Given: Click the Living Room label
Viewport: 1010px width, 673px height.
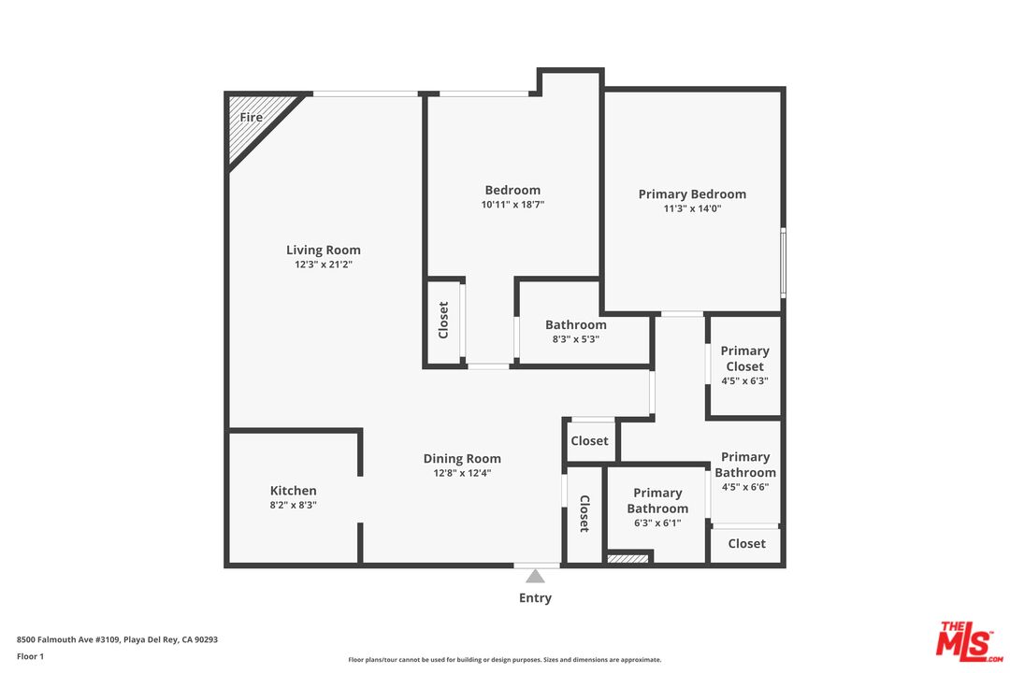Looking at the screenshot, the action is [x=324, y=250].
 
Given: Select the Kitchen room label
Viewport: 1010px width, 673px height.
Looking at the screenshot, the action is [x=293, y=491].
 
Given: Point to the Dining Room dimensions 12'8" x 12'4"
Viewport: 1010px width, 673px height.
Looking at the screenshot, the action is [x=462, y=473].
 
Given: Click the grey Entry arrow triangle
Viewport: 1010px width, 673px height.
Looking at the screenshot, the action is [x=535, y=576].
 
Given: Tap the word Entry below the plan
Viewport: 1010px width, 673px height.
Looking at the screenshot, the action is [x=535, y=597].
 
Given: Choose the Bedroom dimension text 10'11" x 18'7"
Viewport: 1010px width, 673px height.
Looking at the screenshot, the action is [x=512, y=205].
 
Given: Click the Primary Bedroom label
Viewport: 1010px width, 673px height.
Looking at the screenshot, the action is [x=692, y=193].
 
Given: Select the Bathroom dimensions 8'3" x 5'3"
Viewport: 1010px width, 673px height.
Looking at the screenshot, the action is [x=576, y=339].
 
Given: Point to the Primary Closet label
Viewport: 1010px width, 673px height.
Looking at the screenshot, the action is [x=745, y=359].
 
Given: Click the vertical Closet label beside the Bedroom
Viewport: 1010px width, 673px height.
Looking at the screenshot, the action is [x=443, y=320].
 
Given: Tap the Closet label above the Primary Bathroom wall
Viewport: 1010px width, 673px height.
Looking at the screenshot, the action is [x=589, y=440].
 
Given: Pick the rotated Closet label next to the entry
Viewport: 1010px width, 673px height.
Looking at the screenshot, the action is [x=584, y=513].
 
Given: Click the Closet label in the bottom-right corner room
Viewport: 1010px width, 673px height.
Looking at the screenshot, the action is [x=746, y=544].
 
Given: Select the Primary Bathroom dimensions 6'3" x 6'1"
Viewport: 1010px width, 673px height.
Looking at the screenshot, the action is [x=657, y=523].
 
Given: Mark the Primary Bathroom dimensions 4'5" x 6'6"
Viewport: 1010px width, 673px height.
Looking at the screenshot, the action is [x=745, y=488].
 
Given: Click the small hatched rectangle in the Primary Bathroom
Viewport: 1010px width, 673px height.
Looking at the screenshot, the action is [x=628, y=558].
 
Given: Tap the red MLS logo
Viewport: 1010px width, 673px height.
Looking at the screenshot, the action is [x=969, y=641].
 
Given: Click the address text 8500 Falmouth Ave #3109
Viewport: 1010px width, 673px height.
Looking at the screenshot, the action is [x=68, y=639].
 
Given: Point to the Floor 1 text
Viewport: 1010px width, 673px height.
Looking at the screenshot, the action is [x=30, y=656].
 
